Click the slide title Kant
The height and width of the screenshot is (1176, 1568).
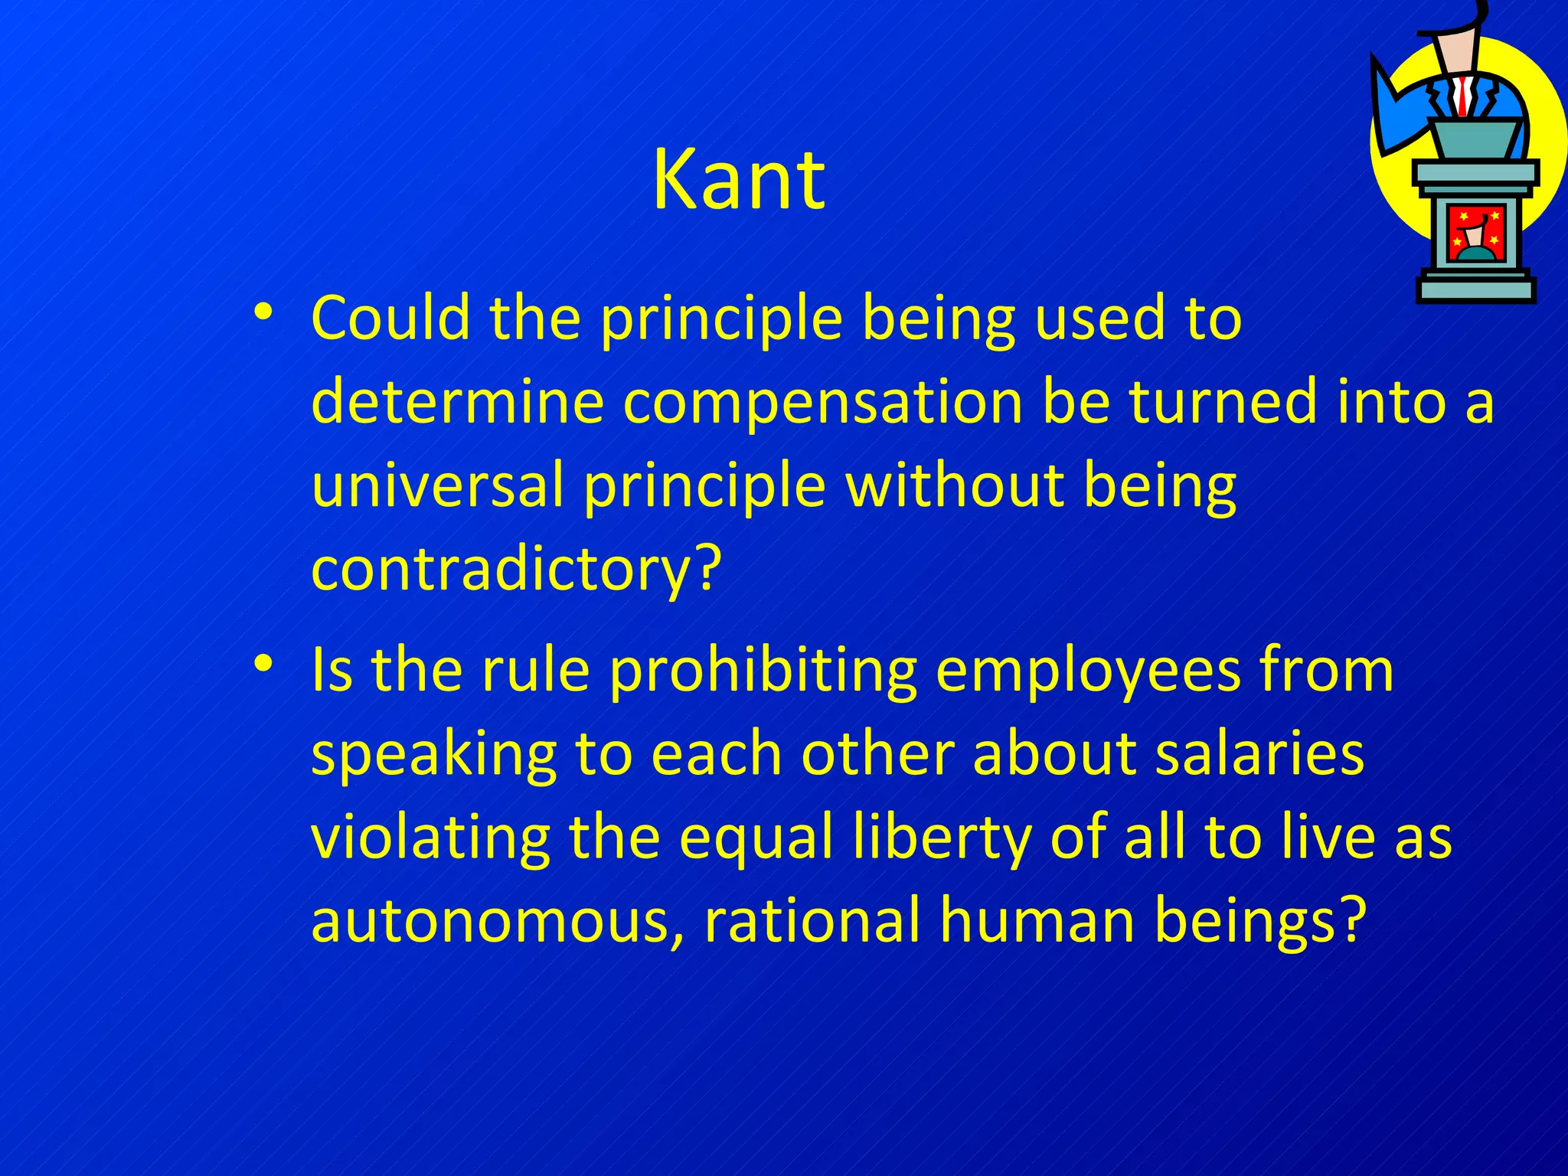pyautogui.click(x=738, y=181)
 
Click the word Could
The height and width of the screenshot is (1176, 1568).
pyautogui.click(x=390, y=318)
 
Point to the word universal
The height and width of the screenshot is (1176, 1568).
pyautogui.click(x=437, y=485)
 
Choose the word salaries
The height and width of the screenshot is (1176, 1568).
pyautogui.click(x=1259, y=753)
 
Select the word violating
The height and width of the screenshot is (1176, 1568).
pyautogui.click(x=430, y=837)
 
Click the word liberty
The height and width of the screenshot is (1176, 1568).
pyautogui.click(x=942, y=838)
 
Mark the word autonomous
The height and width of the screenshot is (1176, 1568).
pyautogui.click(x=490, y=920)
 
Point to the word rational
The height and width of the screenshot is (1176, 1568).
pyautogui.click(x=812, y=920)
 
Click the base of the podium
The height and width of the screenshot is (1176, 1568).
pyautogui.click(x=1475, y=289)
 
